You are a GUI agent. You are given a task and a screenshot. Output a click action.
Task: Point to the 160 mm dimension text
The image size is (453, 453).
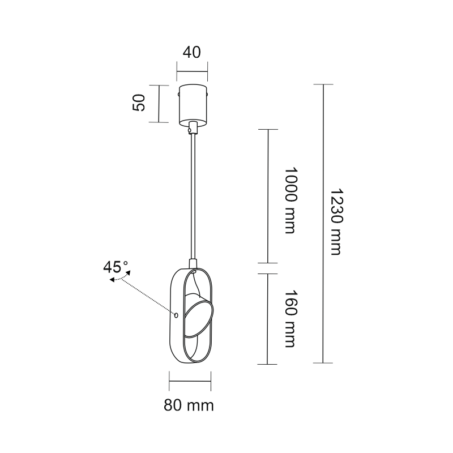[x=290, y=318]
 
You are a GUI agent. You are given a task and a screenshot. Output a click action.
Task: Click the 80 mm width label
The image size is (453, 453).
[x=189, y=405]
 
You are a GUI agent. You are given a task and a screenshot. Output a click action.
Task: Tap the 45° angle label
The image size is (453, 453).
[x=116, y=267]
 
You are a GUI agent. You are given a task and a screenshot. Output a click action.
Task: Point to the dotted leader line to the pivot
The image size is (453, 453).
[x=148, y=296]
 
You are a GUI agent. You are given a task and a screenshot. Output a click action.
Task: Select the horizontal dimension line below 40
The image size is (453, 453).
[x=192, y=72]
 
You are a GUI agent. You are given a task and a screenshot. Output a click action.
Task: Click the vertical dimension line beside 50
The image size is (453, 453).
[x=159, y=104]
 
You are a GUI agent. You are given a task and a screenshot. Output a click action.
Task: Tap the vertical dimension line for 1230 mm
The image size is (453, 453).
[x=323, y=224]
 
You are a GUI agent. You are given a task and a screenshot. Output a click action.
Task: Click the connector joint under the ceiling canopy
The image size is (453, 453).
[x=193, y=128]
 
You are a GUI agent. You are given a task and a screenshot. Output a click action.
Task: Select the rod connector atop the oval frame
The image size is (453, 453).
[x=193, y=263]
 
